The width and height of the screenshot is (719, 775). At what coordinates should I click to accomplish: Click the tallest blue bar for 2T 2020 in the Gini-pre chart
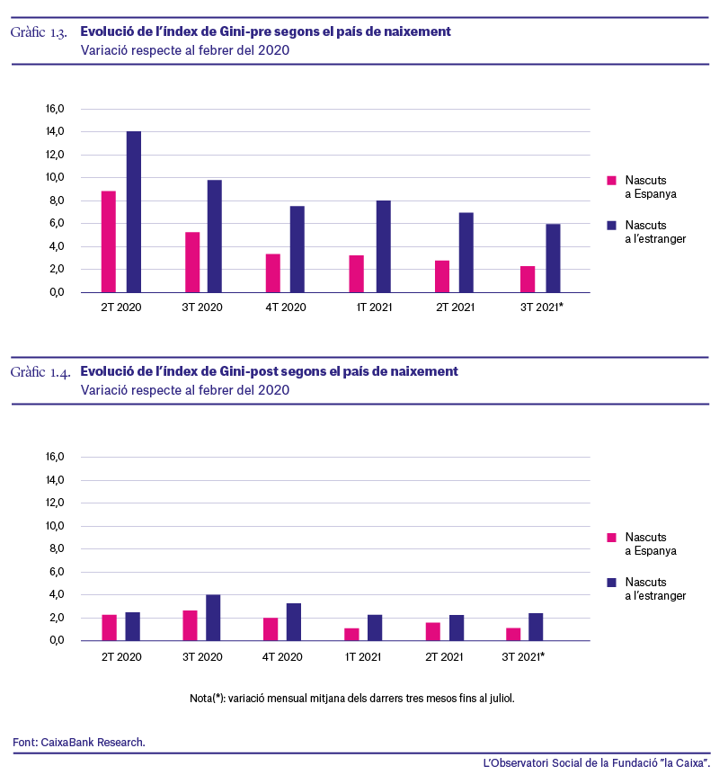(133, 211)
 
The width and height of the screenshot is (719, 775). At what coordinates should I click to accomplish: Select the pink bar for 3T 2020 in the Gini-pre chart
(192, 262)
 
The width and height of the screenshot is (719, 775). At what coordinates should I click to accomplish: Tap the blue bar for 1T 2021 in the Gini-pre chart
(383, 246)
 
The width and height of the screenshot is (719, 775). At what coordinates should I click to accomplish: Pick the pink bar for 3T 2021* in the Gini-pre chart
(528, 280)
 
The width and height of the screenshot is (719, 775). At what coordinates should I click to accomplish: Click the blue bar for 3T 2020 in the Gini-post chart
(213, 618)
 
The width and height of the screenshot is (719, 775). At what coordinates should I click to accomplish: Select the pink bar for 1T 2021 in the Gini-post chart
(351, 634)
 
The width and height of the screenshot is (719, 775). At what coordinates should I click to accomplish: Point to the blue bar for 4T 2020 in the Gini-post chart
(294, 622)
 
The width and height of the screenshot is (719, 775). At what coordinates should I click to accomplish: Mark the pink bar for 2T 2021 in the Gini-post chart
(433, 631)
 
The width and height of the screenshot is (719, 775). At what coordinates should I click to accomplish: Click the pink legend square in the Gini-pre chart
(611, 181)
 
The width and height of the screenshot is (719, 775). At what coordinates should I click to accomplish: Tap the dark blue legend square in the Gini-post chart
(611, 583)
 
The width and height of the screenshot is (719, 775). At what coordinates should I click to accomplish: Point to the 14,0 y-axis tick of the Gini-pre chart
(55, 131)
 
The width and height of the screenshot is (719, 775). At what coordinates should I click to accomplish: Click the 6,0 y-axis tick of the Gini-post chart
(57, 572)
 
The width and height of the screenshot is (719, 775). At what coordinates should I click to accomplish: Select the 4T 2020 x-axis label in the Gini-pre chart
(286, 307)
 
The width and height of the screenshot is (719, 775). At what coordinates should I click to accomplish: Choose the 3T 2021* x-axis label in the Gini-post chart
(523, 657)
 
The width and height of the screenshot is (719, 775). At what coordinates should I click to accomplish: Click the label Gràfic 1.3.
(39, 32)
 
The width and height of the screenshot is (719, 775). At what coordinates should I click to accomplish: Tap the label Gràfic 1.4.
(40, 372)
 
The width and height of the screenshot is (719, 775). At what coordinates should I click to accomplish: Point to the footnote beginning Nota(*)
(351, 699)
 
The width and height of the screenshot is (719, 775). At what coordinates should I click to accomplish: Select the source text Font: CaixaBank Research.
(79, 743)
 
